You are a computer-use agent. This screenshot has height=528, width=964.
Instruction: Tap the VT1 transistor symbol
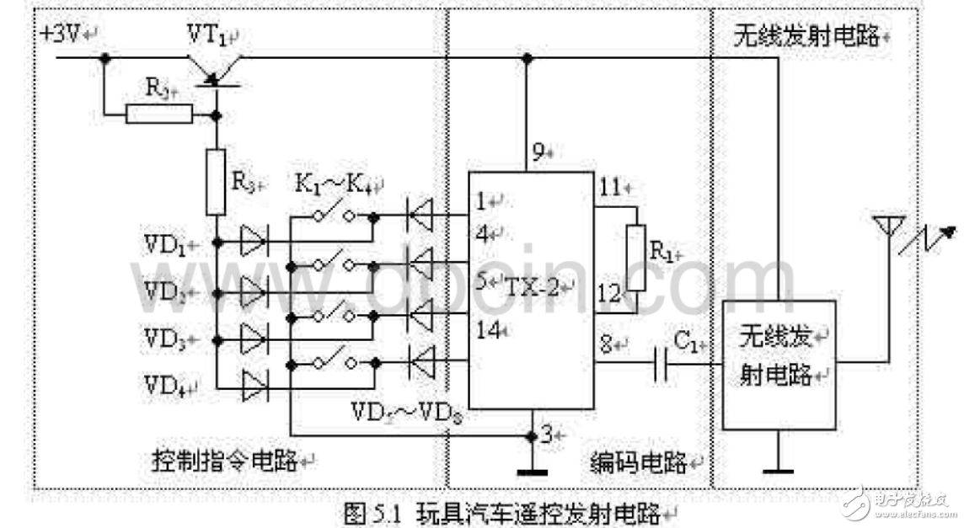214,67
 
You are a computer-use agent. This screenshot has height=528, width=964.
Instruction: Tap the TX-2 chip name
532,285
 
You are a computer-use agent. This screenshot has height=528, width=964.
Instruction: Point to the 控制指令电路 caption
224,460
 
